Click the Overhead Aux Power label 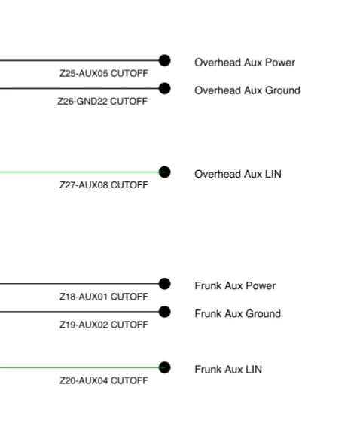point(245,63)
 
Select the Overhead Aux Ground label point(247,90)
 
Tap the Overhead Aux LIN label point(238,174)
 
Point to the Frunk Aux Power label point(235,286)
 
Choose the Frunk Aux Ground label point(237,314)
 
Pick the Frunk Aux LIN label point(228,370)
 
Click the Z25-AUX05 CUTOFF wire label point(104,73)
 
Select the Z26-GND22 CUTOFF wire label point(102,101)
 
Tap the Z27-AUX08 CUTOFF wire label point(104,185)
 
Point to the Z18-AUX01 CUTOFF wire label point(104,297)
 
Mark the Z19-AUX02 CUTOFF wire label point(104,325)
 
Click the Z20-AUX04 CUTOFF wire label point(104,380)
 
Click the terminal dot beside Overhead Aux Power point(165,60)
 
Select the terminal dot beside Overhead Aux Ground point(165,88)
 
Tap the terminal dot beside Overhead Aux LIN point(165,172)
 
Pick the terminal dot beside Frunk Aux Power point(165,284)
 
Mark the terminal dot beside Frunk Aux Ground point(165,312)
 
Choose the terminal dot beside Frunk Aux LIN point(165,367)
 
